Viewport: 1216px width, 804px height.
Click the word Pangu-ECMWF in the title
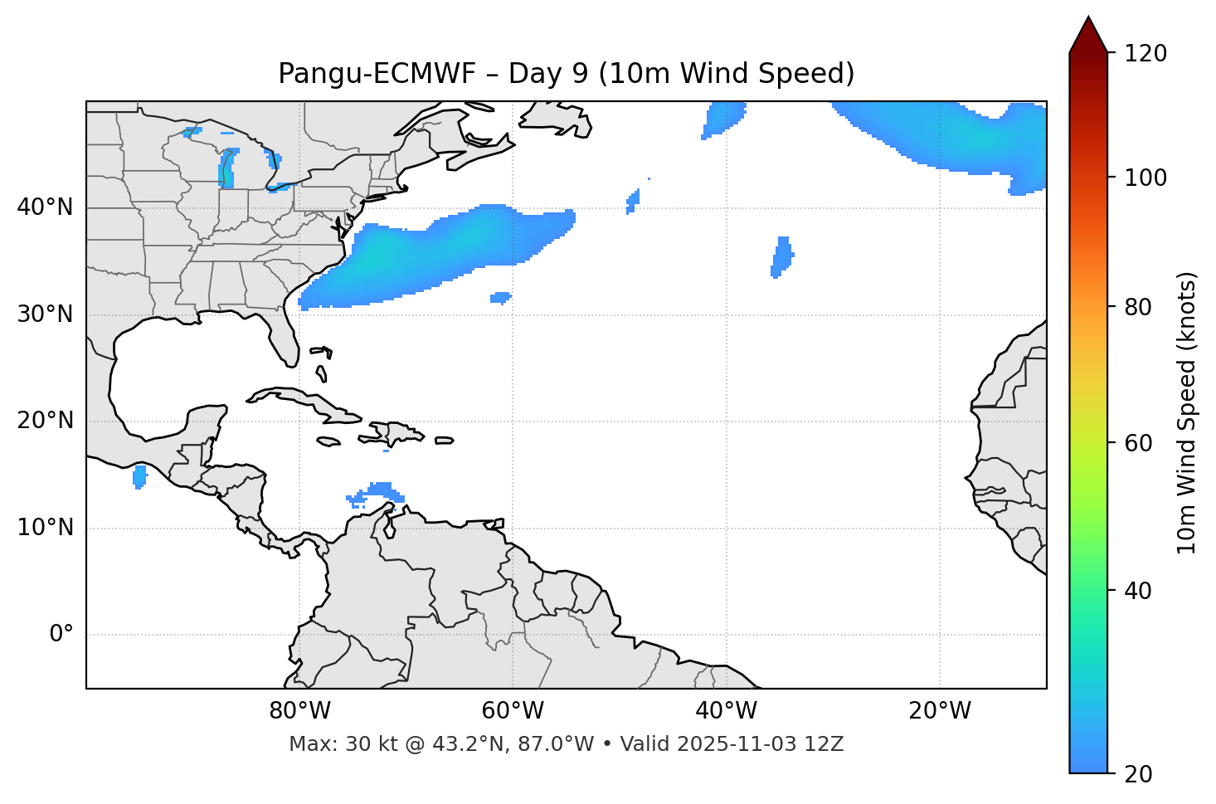(377, 74)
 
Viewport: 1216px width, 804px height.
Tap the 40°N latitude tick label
(45, 207)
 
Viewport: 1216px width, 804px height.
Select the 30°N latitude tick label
(45, 314)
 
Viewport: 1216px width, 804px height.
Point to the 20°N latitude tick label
(45, 421)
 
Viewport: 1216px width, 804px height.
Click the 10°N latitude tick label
(45, 528)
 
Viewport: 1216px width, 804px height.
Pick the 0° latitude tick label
(61, 635)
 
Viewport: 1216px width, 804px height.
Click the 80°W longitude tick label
(299, 711)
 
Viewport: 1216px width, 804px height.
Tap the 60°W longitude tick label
(513, 711)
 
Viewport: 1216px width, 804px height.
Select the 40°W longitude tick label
(726, 711)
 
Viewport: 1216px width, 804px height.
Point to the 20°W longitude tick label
(939, 711)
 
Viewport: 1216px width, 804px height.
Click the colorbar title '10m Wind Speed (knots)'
(1187, 413)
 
